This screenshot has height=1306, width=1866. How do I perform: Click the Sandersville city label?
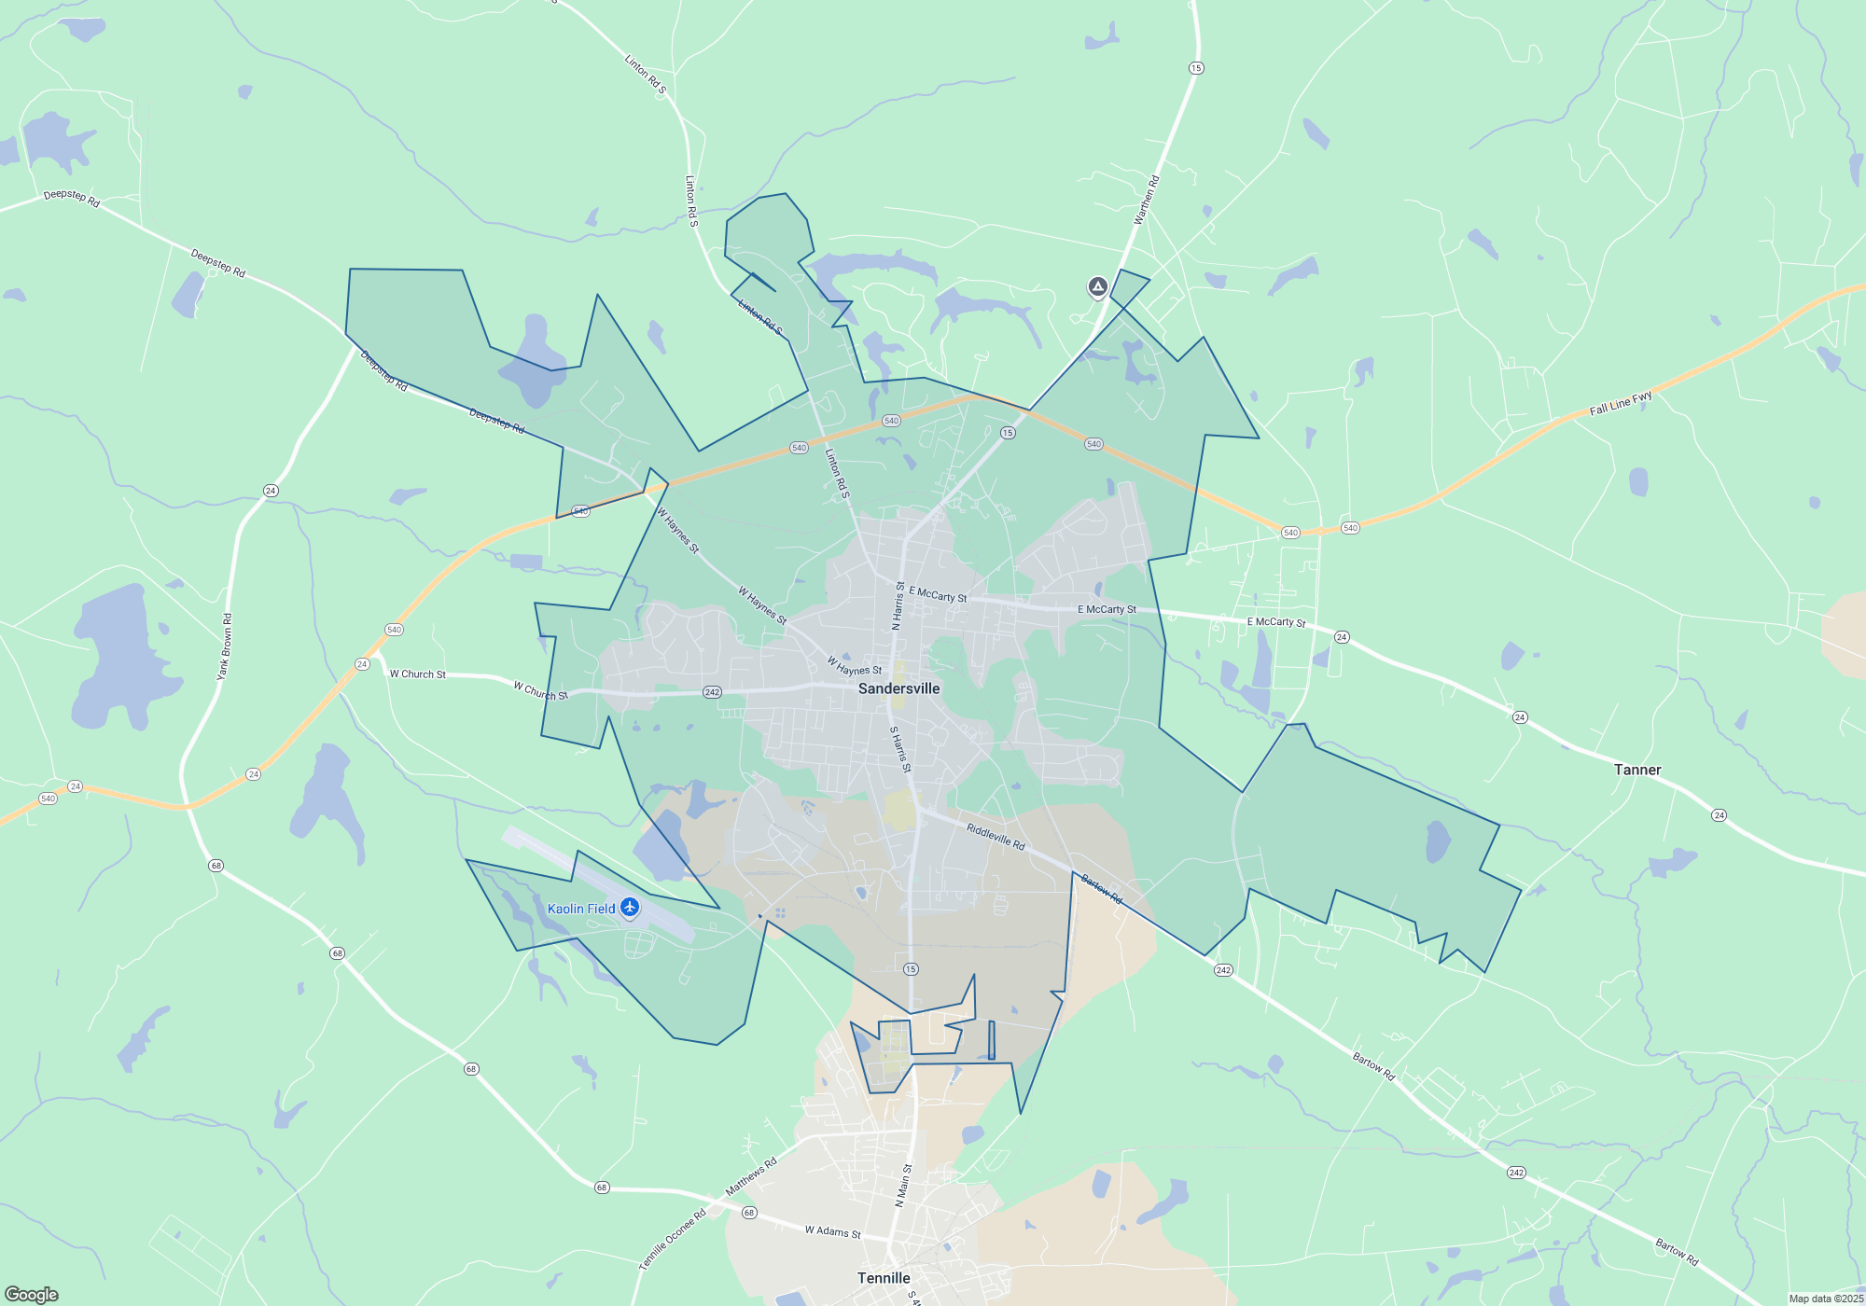click(x=898, y=688)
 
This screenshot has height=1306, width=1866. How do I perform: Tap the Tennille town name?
click(x=884, y=1278)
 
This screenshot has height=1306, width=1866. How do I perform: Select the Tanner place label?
click(x=1637, y=770)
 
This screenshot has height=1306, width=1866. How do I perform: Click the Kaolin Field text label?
click(x=581, y=909)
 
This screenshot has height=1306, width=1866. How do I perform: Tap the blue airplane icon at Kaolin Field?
click(x=630, y=907)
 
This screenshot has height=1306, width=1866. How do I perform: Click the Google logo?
click(x=32, y=1295)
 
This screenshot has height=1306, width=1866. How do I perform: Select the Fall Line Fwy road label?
click(x=1621, y=403)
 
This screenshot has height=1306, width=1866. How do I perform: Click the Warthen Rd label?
click(x=1146, y=200)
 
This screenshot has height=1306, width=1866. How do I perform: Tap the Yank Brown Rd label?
click(x=225, y=646)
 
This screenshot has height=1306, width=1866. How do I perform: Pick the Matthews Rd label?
click(x=751, y=1177)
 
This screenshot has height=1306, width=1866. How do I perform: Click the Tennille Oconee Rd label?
click(x=672, y=1240)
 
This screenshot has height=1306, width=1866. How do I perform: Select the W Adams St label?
click(x=832, y=1231)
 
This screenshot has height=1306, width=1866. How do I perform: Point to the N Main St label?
click(x=903, y=1186)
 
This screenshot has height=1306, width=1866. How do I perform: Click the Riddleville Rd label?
click(x=996, y=836)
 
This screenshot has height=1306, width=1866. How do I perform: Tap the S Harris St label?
click(x=900, y=749)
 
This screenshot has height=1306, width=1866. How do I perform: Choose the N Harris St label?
click(x=898, y=606)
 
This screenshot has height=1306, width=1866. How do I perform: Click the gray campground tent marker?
click(x=1098, y=287)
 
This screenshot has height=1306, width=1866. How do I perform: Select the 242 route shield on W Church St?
click(x=712, y=692)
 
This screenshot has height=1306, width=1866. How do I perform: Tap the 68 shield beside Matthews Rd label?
click(x=749, y=1213)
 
